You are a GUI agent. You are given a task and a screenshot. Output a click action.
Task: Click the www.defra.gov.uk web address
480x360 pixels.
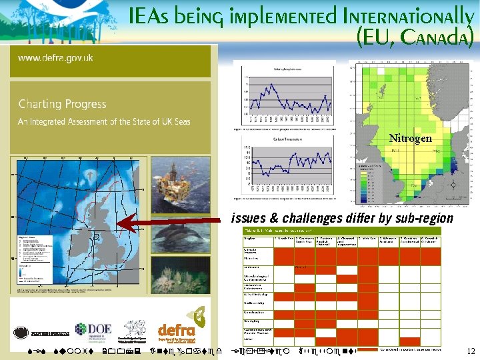55,58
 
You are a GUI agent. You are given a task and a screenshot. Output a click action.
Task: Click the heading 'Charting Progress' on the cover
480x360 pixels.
62,104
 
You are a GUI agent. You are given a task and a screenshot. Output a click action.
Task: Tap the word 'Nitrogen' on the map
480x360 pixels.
411,139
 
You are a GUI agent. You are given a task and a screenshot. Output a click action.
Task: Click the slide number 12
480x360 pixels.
471,351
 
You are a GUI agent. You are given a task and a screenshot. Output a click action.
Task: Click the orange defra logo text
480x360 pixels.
177,331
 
